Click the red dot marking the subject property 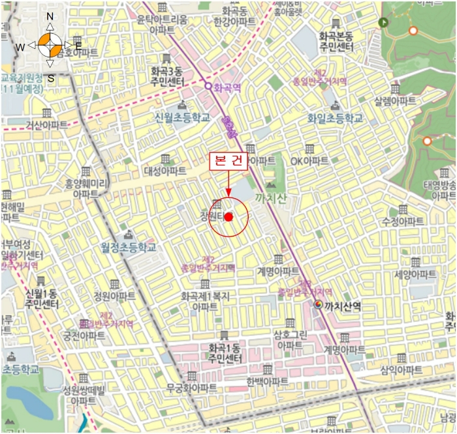(228, 216)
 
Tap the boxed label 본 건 (228, 162)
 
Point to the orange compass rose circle (50, 45)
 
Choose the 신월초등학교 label (182, 117)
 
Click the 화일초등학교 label (335, 118)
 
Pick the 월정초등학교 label (129, 248)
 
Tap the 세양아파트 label (414, 274)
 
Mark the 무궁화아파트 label (191, 388)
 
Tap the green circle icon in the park (383, 22)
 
